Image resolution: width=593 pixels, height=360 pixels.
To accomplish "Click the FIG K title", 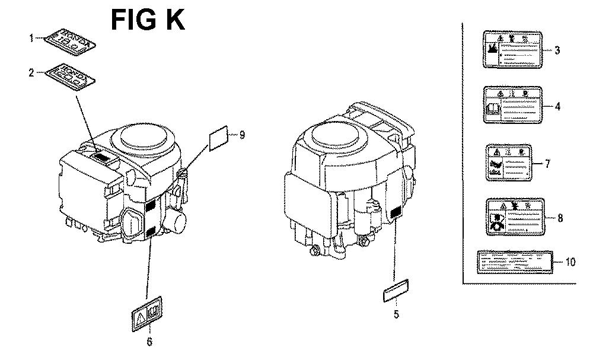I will click(148, 20).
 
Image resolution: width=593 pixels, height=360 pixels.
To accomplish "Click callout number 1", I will click(31, 39).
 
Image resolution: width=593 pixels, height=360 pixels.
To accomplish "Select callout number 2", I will click(31, 73).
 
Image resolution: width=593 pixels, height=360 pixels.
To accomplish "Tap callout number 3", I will click(557, 50).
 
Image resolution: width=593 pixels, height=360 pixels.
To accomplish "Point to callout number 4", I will click(557, 107).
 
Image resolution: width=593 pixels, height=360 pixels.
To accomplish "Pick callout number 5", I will click(396, 314).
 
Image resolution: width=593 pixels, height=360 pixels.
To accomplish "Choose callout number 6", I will click(149, 342).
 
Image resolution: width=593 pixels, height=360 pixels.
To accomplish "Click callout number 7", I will click(547, 164).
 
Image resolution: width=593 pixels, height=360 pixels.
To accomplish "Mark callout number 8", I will click(559, 218).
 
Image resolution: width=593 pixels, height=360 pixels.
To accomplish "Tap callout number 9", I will click(241, 134).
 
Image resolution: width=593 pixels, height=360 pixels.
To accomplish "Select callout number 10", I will click(570, 262).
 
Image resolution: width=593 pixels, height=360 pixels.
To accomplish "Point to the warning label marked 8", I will click(514, 217).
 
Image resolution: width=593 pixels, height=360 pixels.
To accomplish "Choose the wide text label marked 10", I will click(514, 262).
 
